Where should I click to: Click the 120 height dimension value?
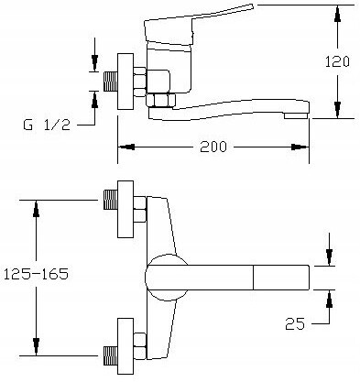(337, 62)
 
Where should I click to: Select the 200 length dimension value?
(213, 147)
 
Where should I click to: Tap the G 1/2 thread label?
(47, 125)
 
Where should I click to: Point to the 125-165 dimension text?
(36, 274)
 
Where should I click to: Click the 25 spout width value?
(295, 323)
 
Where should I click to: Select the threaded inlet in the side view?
(111, 82)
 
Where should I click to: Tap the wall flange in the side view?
(125, 82)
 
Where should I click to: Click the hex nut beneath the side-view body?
(160, 100)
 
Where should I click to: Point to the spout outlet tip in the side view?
(297, 115)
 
